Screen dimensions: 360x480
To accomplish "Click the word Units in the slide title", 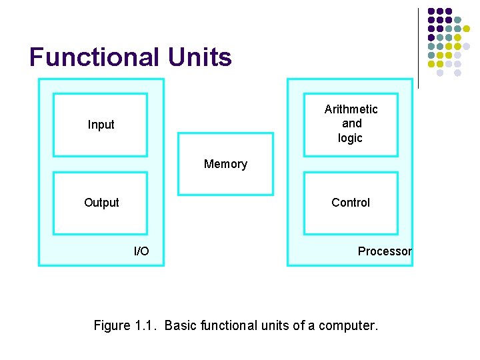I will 200,57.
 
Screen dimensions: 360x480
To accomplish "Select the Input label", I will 101,125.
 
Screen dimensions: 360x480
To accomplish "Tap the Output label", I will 101,203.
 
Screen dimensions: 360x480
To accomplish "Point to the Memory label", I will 225,164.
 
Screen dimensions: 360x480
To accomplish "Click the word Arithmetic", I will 351,109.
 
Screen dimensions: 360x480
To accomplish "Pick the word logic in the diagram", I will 350,139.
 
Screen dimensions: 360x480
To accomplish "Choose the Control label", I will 351,203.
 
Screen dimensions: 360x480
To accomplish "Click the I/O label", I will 141,251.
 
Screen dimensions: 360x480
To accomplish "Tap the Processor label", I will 385,251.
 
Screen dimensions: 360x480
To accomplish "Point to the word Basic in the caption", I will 180,325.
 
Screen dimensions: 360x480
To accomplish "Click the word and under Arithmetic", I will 351,123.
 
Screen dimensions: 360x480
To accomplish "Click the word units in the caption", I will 278,325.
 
